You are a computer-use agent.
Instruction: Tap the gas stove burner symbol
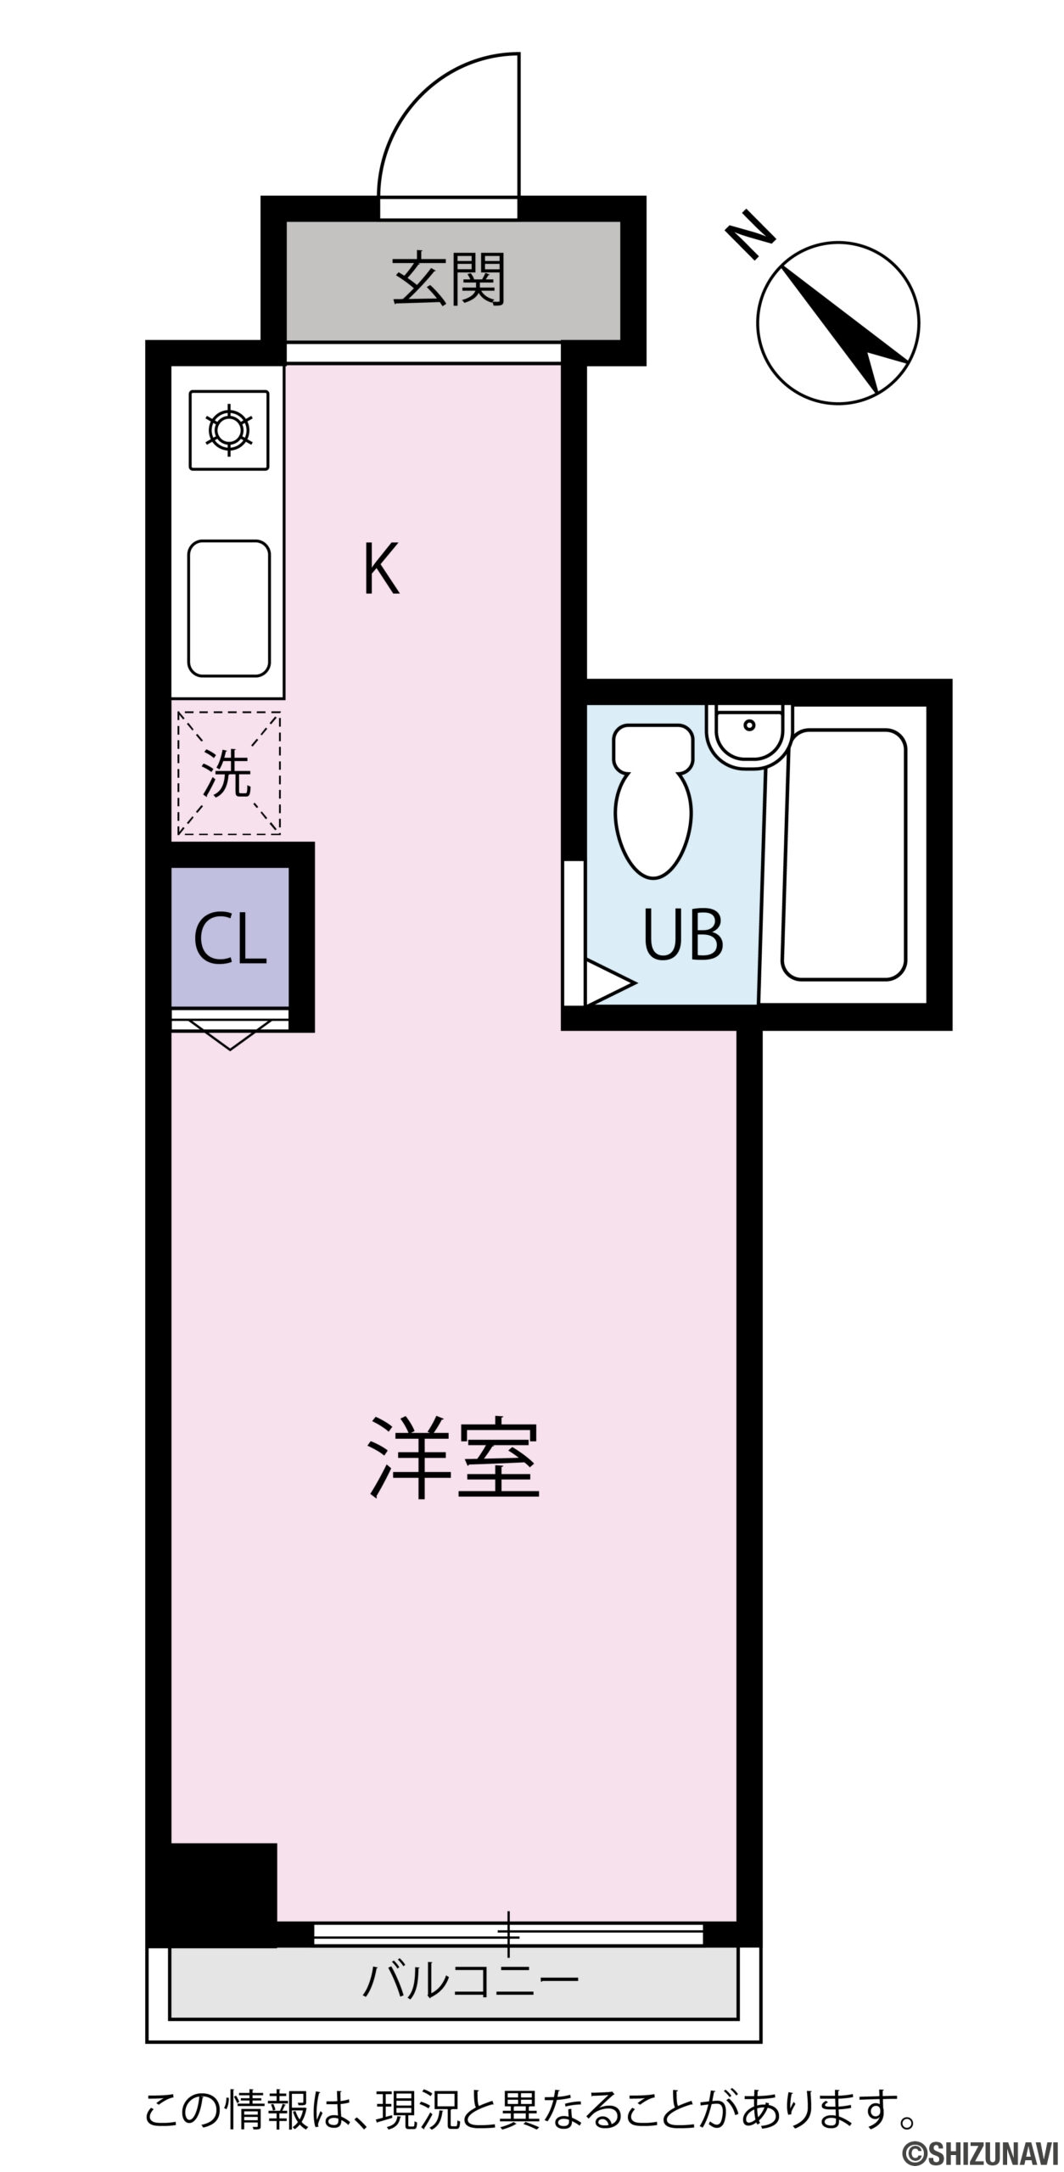pos(229,430)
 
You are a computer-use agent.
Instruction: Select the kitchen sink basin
pos(229,608)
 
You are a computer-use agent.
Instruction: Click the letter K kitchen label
pos(381,570)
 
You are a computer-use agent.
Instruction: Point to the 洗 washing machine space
pos(229,773)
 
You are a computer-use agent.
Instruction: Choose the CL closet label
pos(230,939)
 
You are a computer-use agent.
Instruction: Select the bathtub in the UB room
pos(844,854)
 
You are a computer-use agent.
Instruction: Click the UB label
pos(683,934)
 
